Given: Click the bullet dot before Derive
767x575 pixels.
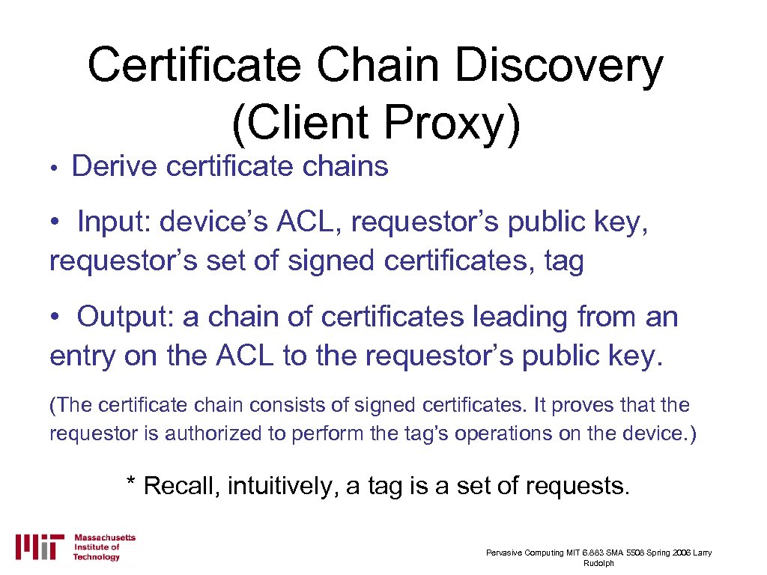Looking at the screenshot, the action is tap(55, 168).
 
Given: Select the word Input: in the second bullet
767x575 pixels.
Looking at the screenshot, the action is tap(113, 222).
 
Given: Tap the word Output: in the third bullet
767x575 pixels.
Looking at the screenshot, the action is tap(124, 317).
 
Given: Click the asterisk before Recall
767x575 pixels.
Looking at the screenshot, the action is tap(131, 485).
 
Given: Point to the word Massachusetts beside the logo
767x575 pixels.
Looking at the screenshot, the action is tap(105, 538).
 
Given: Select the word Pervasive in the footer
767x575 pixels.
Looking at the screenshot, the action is tap(505, 553).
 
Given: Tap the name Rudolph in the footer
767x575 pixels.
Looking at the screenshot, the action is tap(598, 563).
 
